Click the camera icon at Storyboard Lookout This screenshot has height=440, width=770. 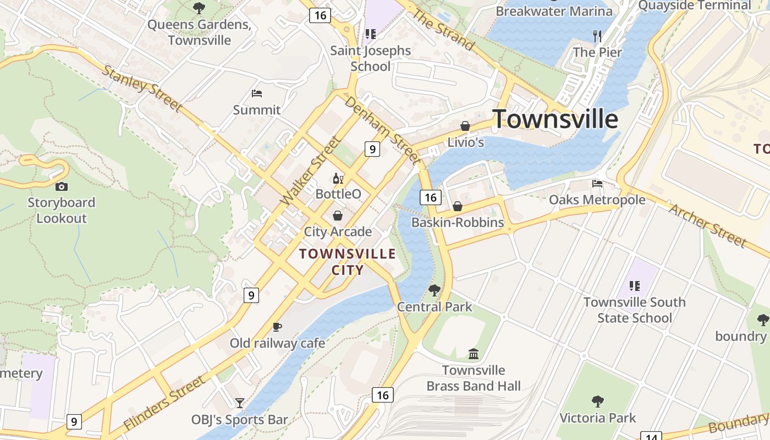61,186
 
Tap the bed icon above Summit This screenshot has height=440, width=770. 256,94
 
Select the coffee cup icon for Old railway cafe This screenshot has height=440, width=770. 277,327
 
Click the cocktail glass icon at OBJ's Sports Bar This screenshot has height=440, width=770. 239,403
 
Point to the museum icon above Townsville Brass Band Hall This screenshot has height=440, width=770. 474,354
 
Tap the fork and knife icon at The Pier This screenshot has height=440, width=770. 597,36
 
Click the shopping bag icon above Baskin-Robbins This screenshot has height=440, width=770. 457,206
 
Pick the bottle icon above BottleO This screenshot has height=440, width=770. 338,178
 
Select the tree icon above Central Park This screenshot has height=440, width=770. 435,290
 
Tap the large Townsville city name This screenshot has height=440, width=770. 555,119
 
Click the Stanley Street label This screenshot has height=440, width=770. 142,88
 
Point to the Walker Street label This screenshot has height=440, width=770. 310,172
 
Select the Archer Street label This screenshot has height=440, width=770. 708,225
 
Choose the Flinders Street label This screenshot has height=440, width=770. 164,403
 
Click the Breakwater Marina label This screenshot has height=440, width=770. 554,11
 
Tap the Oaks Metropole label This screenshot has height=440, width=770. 597,200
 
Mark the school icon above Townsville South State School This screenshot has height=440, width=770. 634,286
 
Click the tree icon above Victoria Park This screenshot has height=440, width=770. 597,402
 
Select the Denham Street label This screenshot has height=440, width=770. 383,131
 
